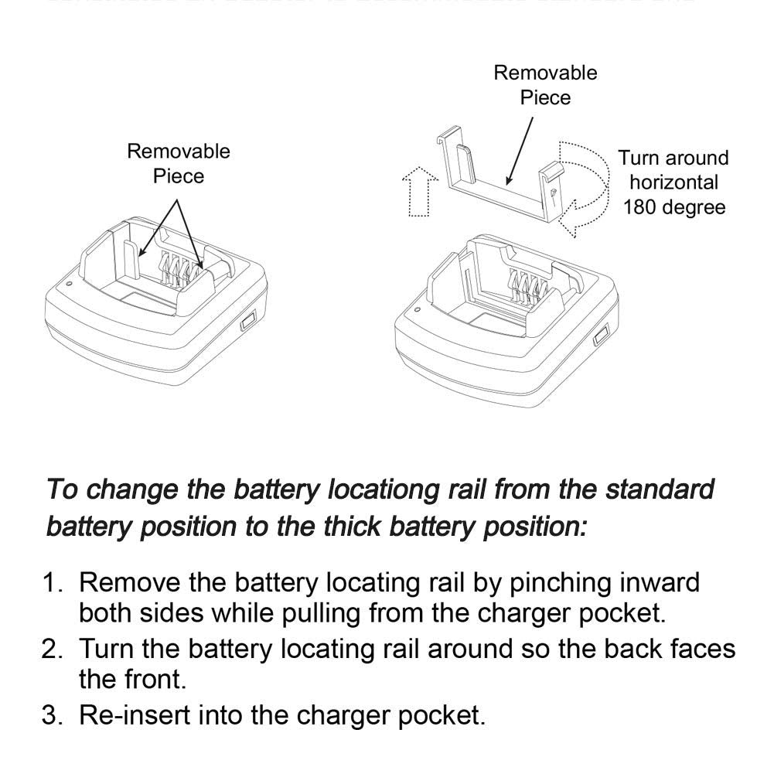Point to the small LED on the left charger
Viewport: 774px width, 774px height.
click(x=70, y=284)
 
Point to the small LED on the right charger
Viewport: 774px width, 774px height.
click(x=418, y=309)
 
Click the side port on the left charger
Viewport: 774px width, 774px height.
click(x=247, y=319)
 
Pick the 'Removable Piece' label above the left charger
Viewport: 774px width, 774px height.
click(x=179, y=163)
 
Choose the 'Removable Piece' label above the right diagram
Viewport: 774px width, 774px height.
click(x=545, y=85)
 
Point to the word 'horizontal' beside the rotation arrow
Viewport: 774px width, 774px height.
click(x=673, y=182)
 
